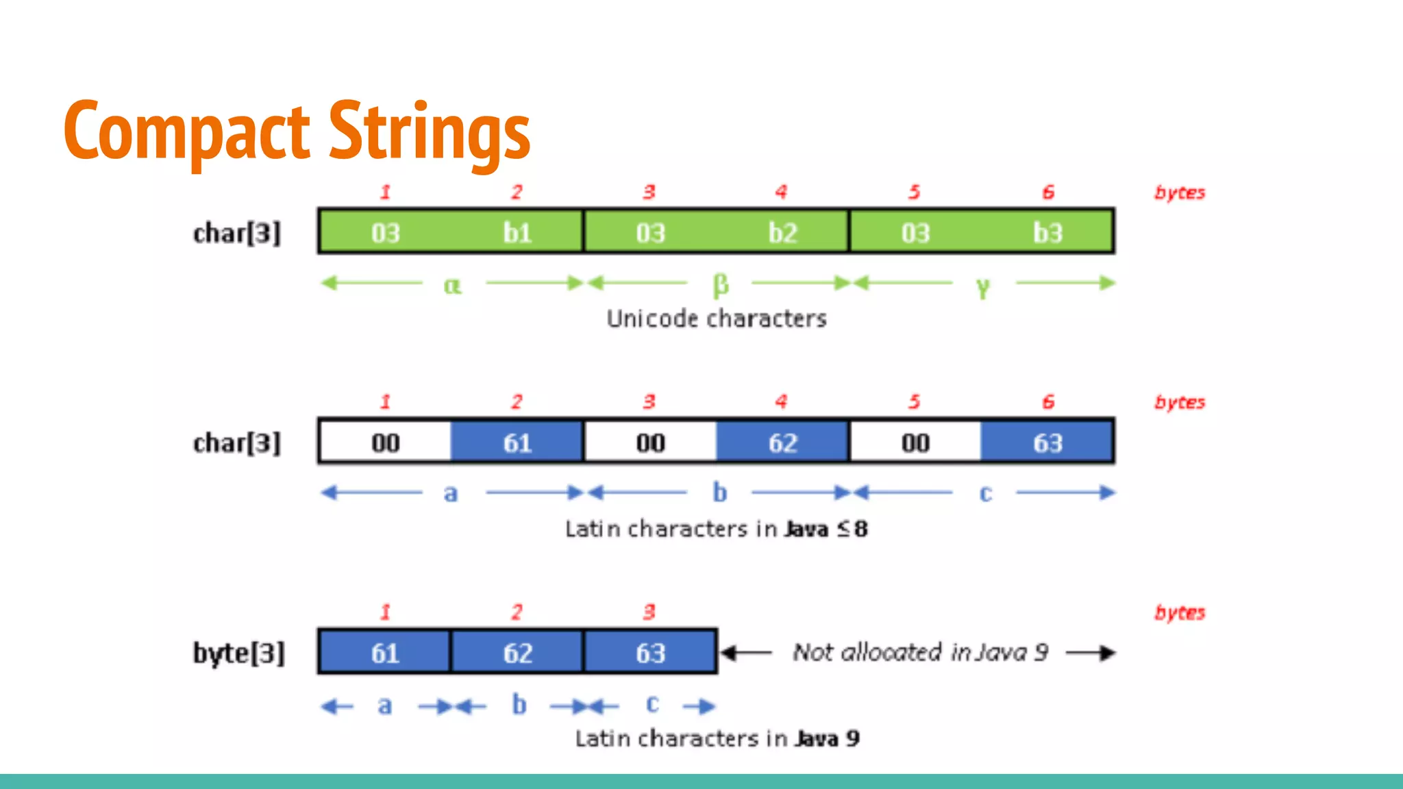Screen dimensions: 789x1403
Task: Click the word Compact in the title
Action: tap(186, 130)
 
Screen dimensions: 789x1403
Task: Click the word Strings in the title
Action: tap(430, 130)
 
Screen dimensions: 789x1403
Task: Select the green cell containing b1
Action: tap(517, 233)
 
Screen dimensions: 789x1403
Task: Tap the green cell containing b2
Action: tap(782, 233)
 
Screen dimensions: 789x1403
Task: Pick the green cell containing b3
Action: tap(1047, 233)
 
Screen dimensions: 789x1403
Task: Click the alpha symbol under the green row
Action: tap(452, 285)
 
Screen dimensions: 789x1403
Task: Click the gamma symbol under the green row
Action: tap(983, 287)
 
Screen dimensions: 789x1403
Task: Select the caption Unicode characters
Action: tap(717, 318)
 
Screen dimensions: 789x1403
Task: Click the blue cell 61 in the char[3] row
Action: tap(517, 443)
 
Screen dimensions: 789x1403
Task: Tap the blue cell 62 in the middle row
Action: tap(782, 443)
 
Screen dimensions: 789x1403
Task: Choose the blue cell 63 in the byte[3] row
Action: tap(650, 653)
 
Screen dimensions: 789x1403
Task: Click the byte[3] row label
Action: tap(238, 653)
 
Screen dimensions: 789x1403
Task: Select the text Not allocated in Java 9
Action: tap(920, 652)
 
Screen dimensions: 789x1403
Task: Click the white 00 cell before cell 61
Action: tap(385, 443)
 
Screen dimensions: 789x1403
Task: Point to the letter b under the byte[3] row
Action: tap(519, 704)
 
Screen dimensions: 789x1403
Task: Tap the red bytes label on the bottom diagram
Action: tap(1179, 612)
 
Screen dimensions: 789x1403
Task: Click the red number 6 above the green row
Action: tap(1047, 192)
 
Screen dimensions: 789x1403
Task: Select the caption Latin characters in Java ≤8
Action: tap(716, 529)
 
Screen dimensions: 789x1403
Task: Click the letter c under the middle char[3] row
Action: tap(985, 493)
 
